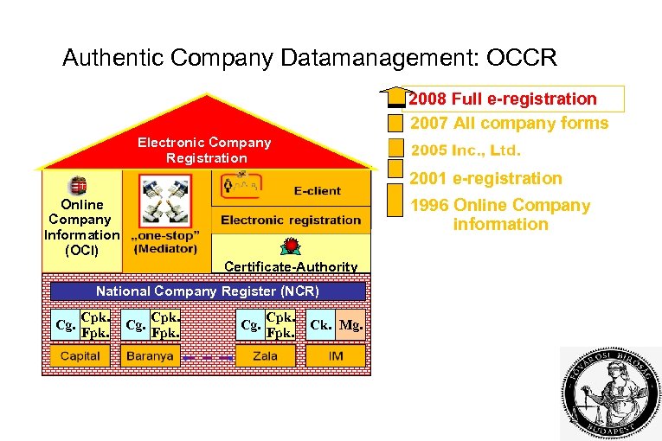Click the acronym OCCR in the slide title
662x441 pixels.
point(522,58)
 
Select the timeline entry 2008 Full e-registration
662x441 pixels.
point(503,99)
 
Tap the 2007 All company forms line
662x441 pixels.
point(509,123)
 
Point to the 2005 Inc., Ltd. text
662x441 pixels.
point(466,150)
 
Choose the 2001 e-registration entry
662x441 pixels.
point(485,178)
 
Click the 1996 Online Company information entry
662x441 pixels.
point(499,214)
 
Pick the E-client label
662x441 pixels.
point(317,190)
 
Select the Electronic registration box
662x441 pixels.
point(291,220)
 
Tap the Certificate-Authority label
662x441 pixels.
point(291,266)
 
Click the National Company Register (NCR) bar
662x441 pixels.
point(207,291)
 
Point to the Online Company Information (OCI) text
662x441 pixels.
point(82,227)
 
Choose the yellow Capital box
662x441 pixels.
point(80,355)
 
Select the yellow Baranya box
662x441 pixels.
point(150,355)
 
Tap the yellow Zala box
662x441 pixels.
point(267,355)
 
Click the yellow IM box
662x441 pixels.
point(336,355)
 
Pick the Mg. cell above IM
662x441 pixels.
point(350,325)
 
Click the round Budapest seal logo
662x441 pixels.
point(608,393)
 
